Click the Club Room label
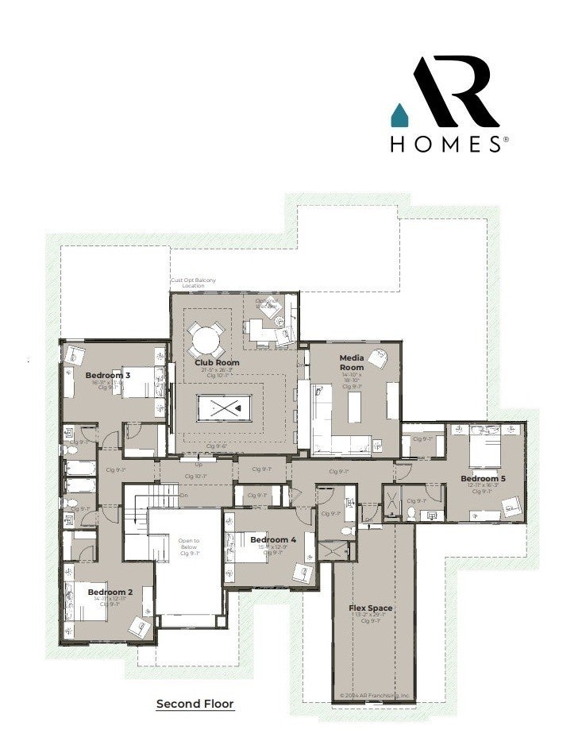217,363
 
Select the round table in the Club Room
206,341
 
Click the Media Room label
352,362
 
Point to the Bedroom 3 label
108,375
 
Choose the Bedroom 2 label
110,592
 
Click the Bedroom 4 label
272,539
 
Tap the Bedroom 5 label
483,478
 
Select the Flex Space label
371,608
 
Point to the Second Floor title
195,704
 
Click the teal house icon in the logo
399,115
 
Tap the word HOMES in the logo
445,145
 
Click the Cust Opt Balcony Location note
193,283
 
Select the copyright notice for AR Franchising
375,695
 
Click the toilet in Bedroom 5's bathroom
412,514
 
